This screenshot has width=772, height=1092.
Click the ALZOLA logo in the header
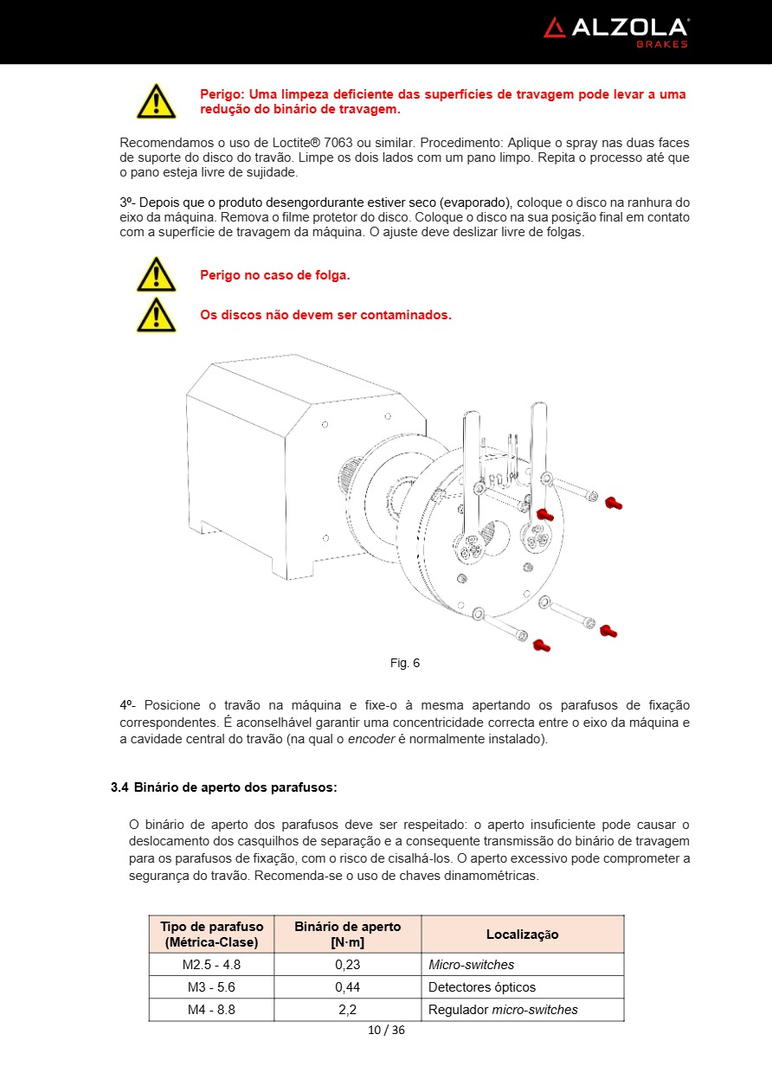[615, 29]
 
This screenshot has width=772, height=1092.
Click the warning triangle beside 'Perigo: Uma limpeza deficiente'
[156, 101]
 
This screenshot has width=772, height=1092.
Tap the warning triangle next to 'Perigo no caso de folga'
[156, 274]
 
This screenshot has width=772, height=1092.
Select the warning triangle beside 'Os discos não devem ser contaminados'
[156, 314]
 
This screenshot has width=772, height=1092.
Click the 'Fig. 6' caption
[404, 663]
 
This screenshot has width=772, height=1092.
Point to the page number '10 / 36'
[386, 1030]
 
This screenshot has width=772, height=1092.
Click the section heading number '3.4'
[119, 787]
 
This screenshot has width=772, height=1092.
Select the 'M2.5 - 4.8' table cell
[211, 965]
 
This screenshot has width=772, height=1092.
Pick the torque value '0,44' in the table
[347, 987]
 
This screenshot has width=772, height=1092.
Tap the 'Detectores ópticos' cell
[482, 987]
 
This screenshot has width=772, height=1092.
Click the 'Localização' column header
[522, 935]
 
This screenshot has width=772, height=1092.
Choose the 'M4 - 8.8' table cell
[211, 1010]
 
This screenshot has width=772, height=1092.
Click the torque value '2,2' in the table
[347, 1010]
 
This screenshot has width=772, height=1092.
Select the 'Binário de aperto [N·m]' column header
[347, 935]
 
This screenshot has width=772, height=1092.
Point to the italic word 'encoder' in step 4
[370, 739]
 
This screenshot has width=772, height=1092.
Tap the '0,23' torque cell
[347, 965]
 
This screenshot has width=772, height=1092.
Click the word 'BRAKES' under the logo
[662, 44]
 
